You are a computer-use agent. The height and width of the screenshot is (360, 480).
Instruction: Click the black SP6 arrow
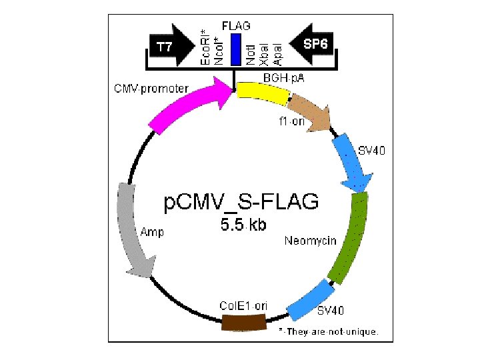pyautogui.click(x=313, y=45)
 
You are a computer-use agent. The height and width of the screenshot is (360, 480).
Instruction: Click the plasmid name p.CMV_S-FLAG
pyautogui.click(x=241, y=201)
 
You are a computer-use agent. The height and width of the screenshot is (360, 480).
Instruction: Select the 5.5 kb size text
pyautogui.click(x=243, y=225)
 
